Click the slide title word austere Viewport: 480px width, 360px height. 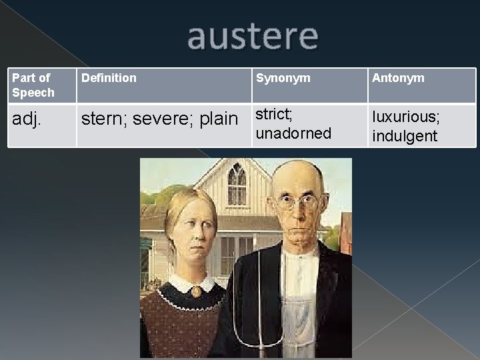253,38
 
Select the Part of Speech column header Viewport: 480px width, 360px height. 33,85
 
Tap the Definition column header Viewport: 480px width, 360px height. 109,78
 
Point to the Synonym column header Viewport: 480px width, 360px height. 283,78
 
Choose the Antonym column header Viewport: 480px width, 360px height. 398,78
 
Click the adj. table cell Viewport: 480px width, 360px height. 27,119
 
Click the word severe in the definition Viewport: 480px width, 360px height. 157,119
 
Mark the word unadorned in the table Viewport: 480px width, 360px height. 293,133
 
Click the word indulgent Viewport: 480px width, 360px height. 405,136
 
